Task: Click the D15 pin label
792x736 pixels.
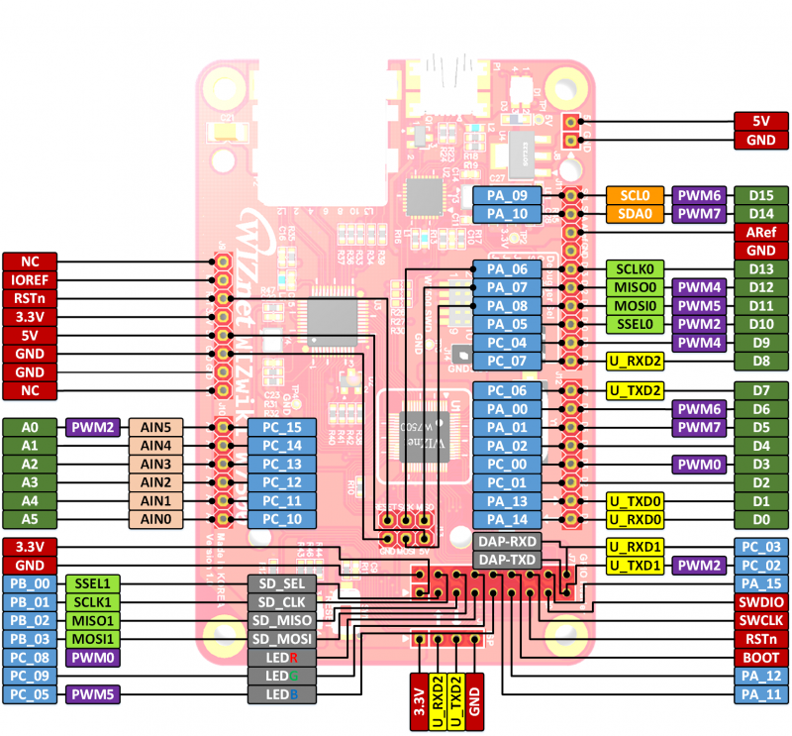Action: [x=761, y=195]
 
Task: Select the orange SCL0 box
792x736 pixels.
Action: [x=634, y=195]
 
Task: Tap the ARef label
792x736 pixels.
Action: [x=761, y=232]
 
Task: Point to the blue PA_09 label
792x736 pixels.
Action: [x=507, y=195]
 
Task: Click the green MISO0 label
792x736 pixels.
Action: [x=634, y=287]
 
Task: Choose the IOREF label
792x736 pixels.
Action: [x=30, y=279]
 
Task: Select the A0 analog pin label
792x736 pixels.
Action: [x=30, y=427]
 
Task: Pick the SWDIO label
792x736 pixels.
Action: [x=761, y=601]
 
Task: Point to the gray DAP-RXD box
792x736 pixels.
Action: [x=508, y=541]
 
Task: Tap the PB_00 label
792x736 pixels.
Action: [x=30, y=583]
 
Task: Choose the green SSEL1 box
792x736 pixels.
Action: [x=92, y=583]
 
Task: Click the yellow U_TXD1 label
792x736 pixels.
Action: [x=634, y=565]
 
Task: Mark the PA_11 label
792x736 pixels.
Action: [x=761, y=694]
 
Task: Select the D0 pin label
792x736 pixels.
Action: [x=761, y=519]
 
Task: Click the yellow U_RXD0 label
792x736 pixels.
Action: [x=634, y=519]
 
